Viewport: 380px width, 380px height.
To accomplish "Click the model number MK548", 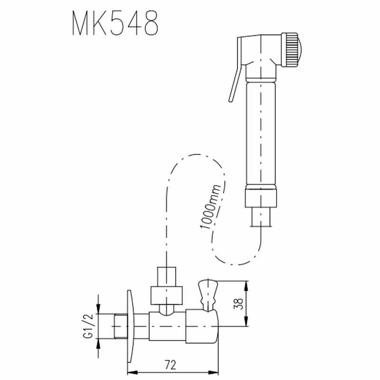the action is (x=115, y=23).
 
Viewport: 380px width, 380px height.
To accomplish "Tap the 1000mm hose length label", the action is (x=210, y=207).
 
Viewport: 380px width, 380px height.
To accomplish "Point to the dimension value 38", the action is (x=238, y=304).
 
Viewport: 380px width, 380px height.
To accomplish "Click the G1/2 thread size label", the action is (x=88, y=326).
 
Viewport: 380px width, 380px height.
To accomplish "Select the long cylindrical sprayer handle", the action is (x=261, y=133).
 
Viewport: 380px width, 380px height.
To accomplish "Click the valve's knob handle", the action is (x=207, y=295).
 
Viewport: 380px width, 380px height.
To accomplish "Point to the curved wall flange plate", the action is (x=130, y=326).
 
